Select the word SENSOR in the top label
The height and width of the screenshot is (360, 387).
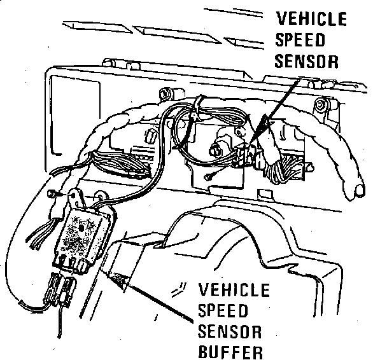coord(309,62)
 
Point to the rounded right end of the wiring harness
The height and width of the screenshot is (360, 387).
coord(360,188)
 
